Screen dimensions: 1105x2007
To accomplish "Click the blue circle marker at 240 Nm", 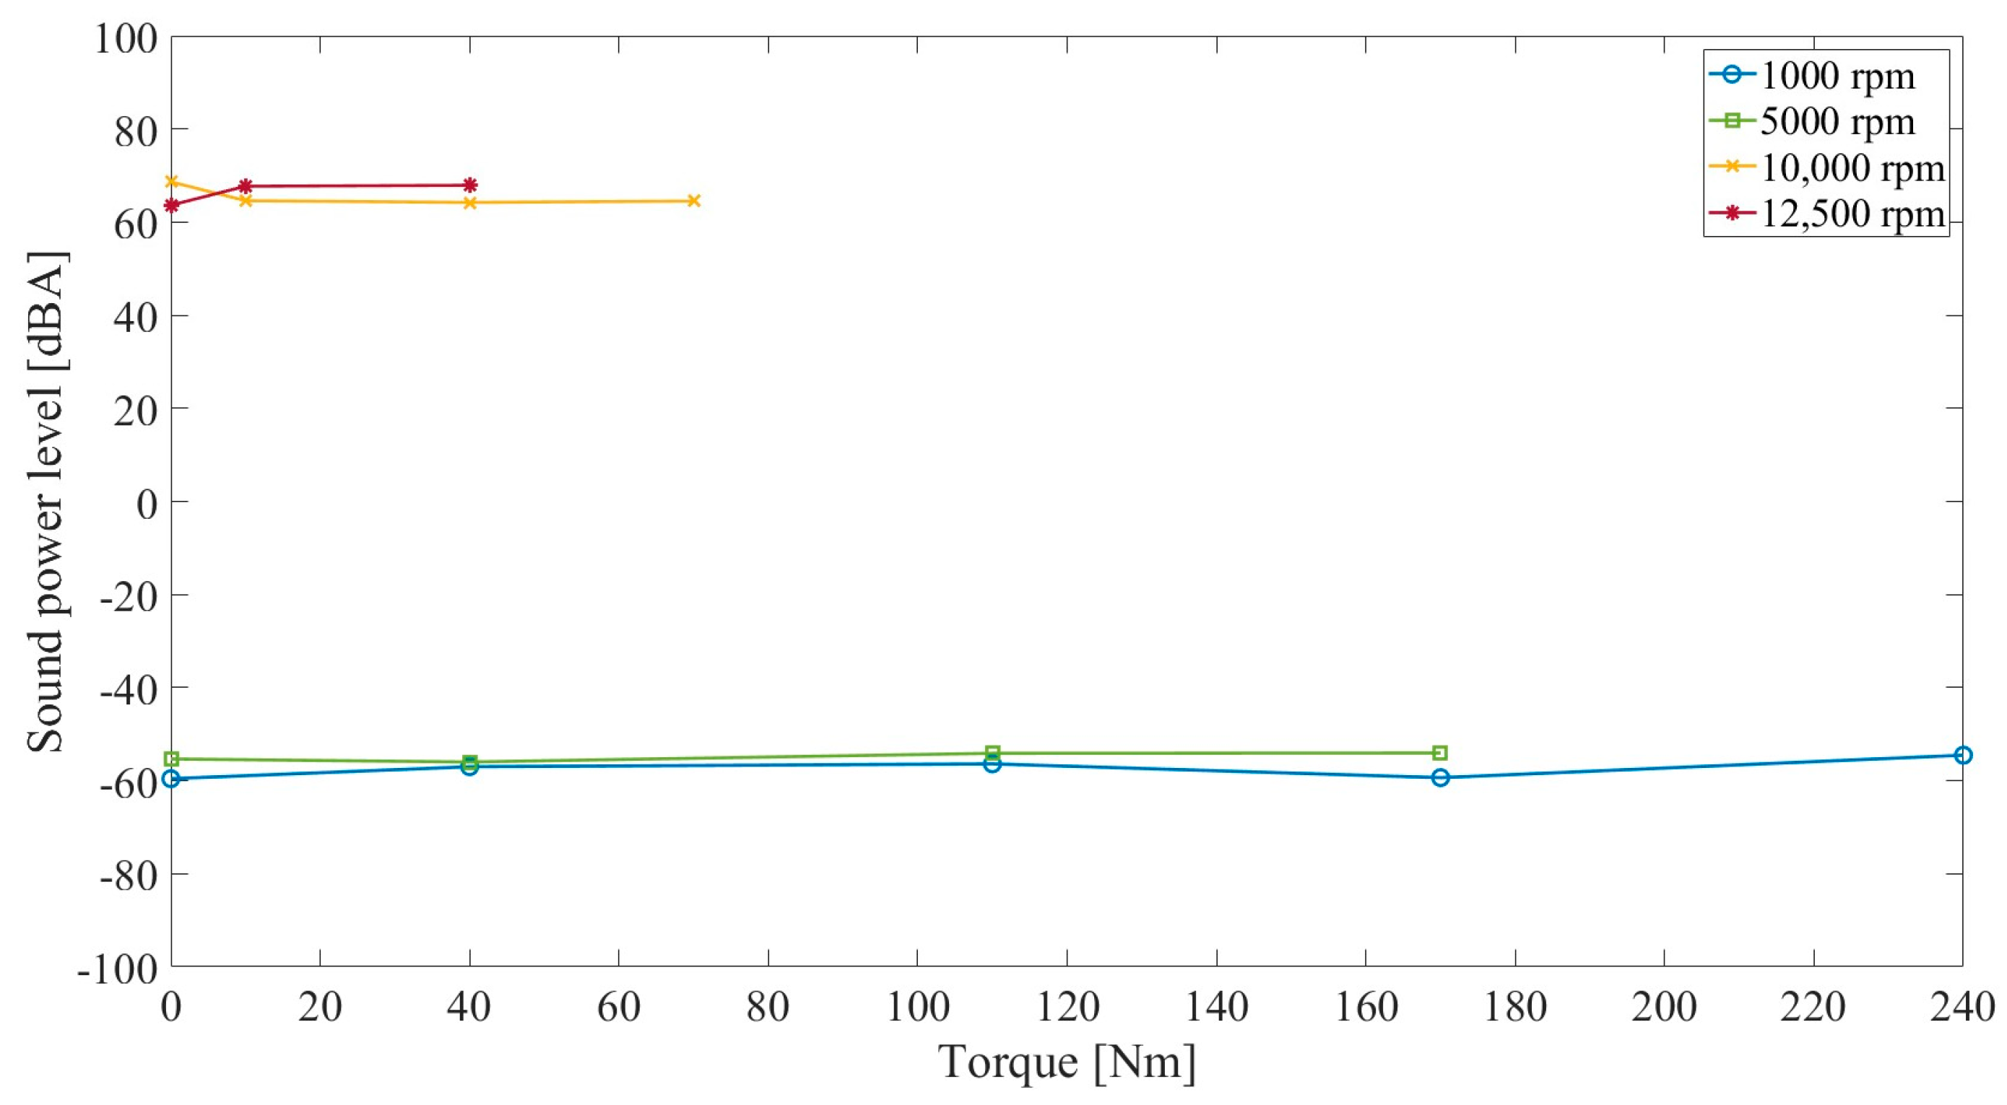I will click(1964, 754).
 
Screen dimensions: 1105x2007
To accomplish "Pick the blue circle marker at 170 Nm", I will click(1441, 777).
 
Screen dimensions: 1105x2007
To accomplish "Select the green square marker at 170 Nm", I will click(1441, 752).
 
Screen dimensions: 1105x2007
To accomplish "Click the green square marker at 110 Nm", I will click(992, 752).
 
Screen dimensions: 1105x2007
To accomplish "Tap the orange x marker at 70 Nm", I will click(693, 201).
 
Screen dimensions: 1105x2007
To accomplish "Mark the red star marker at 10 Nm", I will click(246, 186).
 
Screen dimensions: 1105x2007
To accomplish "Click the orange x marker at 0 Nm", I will click(172, 181).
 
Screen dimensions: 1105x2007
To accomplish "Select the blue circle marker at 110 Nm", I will click(992, 764).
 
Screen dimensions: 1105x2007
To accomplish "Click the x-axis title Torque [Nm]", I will click(1067, 1062).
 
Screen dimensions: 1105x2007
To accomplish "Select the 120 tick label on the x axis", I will click(1067, 1007).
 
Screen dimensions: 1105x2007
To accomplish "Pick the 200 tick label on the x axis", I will click(1664, 1007).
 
